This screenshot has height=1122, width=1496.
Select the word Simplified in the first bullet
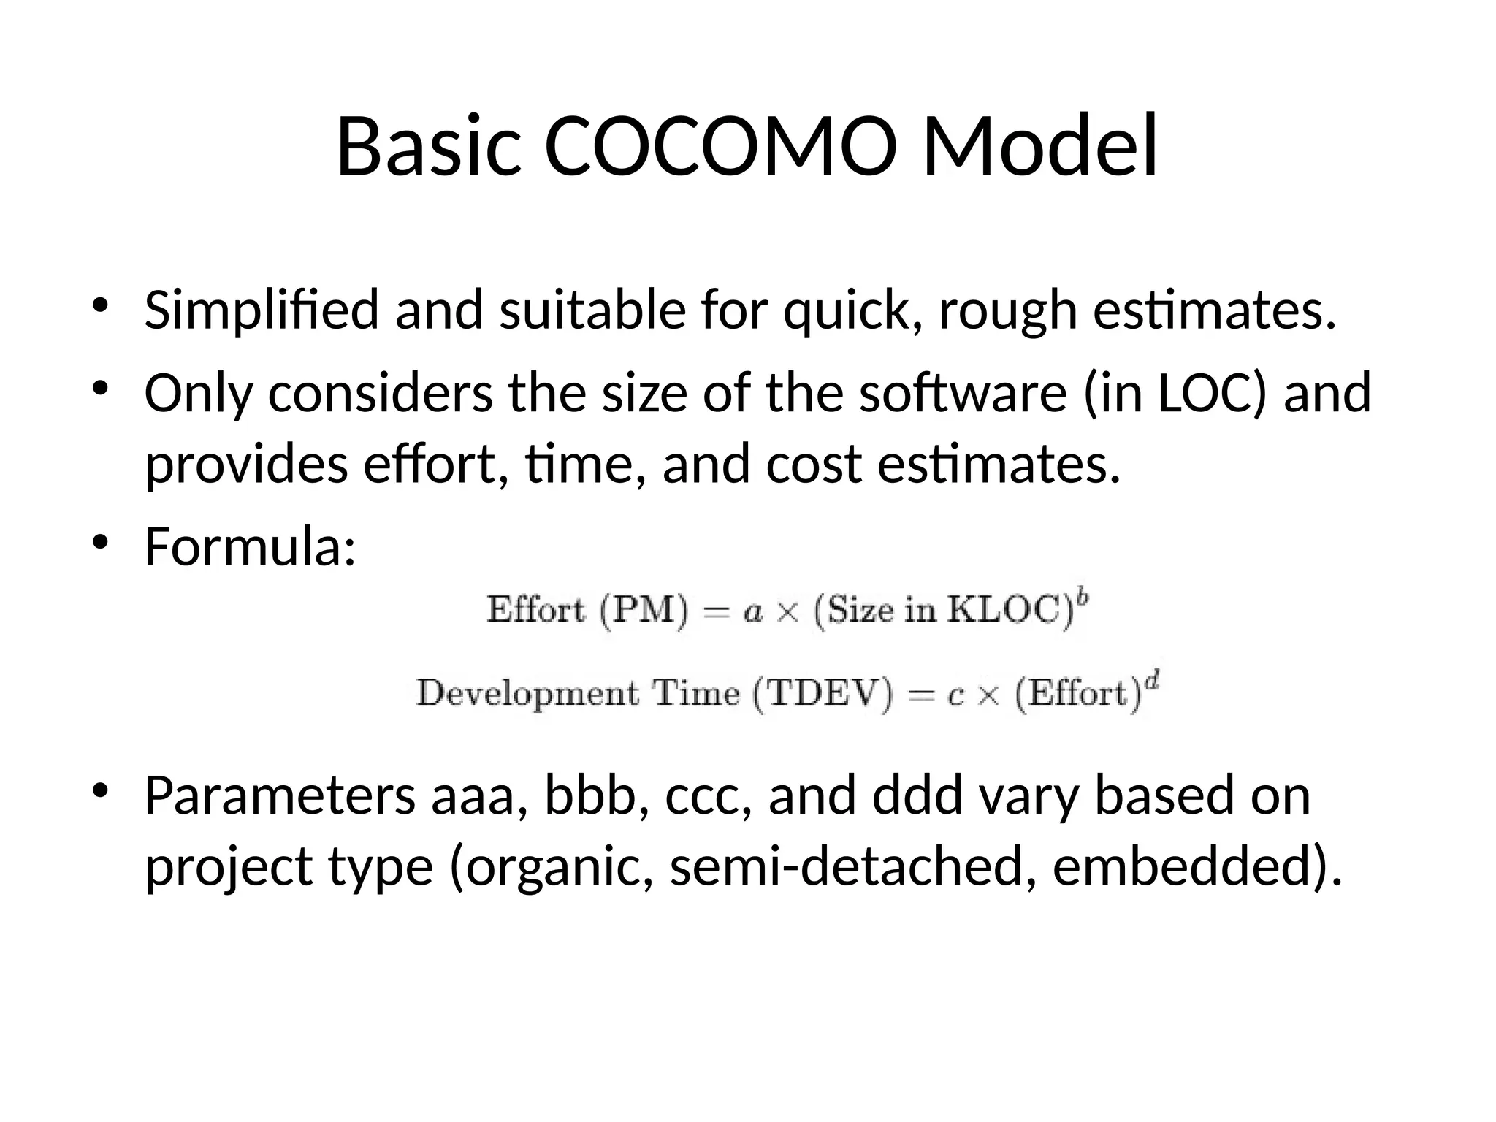coord(262,310)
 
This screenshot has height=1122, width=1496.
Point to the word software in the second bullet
coord(963,393)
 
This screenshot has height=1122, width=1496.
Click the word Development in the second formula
coord(527,693)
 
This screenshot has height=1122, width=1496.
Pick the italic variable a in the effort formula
coord(753,612)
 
